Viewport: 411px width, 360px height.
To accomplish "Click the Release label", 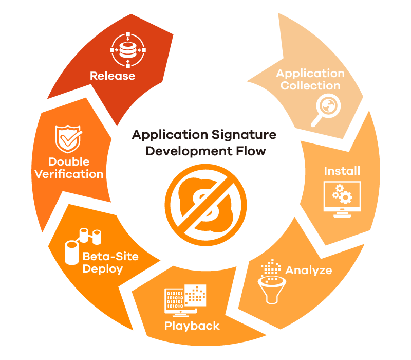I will click(113, 76).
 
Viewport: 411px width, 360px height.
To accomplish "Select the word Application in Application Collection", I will click(310, 73).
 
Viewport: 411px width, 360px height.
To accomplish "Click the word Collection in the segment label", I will click(310, 85).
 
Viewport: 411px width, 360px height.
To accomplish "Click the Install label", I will click(342, 170).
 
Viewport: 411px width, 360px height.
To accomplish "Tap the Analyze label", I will click(308, 270).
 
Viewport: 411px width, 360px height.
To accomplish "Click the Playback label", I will click(192, 326).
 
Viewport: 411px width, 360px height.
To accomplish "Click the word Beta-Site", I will click(110, 256).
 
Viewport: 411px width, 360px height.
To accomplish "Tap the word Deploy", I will click(103, 268).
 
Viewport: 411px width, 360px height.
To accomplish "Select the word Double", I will click(69, 161).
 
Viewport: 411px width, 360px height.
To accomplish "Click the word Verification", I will click(69, 174).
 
